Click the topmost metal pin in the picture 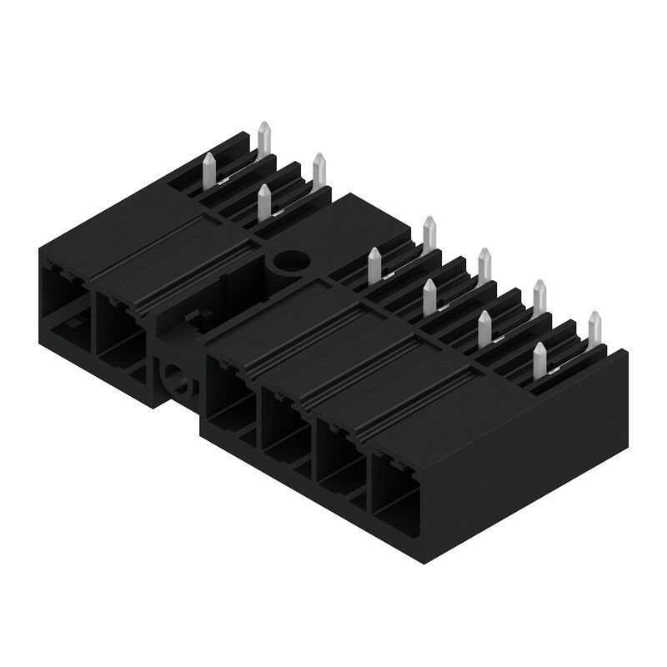tap(264, 138)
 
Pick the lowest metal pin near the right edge tap(539, 359)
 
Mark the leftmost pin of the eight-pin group tap(375, 264)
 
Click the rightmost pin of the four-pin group tap(318, 170)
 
